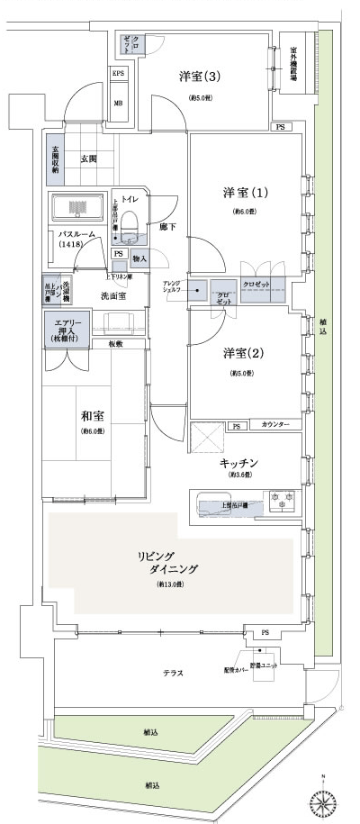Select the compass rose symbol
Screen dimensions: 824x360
tap(323, 798)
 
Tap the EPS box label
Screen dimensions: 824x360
tap(118, 74)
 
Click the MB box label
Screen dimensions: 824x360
tap(118, 103)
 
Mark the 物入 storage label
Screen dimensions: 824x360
tap(139, 258)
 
